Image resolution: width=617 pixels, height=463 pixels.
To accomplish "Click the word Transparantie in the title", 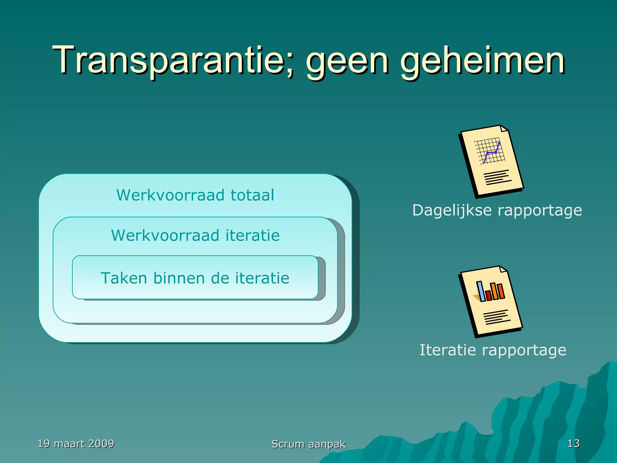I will [169, 60].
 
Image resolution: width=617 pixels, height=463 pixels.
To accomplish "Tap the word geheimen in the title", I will [482, 62].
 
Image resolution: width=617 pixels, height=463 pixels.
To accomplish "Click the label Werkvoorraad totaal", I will [195, 195].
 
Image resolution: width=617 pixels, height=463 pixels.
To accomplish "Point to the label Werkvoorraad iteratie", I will [195, 235].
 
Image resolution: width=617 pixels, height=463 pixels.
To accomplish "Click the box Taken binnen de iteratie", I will [195, 278].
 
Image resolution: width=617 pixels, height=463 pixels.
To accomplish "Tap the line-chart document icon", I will [491, 161].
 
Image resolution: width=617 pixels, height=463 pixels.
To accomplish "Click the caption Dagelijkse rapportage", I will [497, 210].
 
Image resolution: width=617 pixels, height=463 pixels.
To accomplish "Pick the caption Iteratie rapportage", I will [493, 350].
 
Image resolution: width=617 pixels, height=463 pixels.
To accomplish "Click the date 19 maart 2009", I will [76, 444].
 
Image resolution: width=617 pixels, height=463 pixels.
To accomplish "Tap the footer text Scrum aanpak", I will [308, 444].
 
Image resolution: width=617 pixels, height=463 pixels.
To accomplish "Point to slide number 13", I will [573, 443].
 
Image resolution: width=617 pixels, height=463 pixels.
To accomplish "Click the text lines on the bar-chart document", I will [496, 317].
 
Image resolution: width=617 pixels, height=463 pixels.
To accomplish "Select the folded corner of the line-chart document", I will [504, 128].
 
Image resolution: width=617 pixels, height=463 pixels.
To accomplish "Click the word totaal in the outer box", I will [252, 195].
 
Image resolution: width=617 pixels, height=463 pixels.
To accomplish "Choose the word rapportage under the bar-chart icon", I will [524, 350].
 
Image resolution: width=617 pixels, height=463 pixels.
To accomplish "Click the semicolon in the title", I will [290, 65].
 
